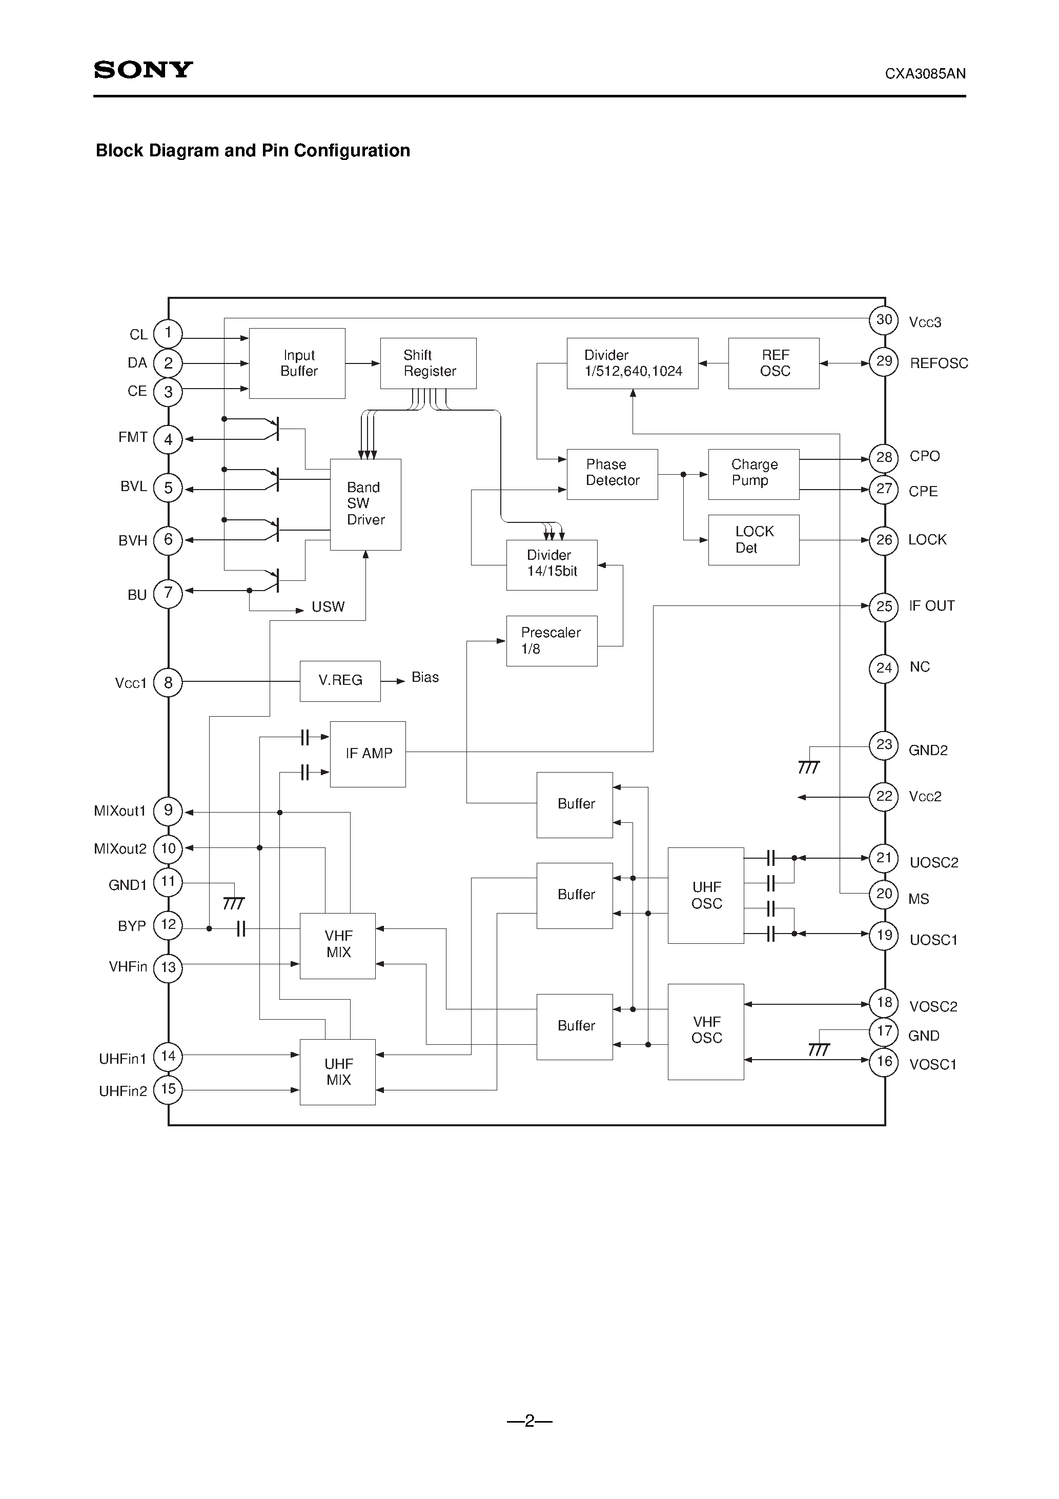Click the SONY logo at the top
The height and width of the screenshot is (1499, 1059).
[143, 70]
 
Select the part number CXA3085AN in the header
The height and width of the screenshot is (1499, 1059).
[925, 74]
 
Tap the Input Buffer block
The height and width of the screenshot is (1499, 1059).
[297, 363]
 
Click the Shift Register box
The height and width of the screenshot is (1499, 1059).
[429, 363]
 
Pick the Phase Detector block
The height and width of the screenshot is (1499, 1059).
[612, 474]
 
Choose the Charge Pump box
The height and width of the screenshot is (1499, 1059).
[753, 474]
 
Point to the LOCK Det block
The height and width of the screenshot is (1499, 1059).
[753, 540]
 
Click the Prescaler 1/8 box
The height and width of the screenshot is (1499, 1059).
[552, 640]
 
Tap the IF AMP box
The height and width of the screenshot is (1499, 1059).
[368, 754]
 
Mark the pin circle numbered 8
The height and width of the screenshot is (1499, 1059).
[169, 683]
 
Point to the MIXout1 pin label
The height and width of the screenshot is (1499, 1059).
[119, 811]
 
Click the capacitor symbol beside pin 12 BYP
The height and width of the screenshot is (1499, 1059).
[241, 928]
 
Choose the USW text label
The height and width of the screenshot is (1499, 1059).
[328, 607]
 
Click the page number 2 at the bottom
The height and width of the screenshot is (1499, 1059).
[529, 1421]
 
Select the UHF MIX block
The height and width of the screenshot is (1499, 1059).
[338, 1071]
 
